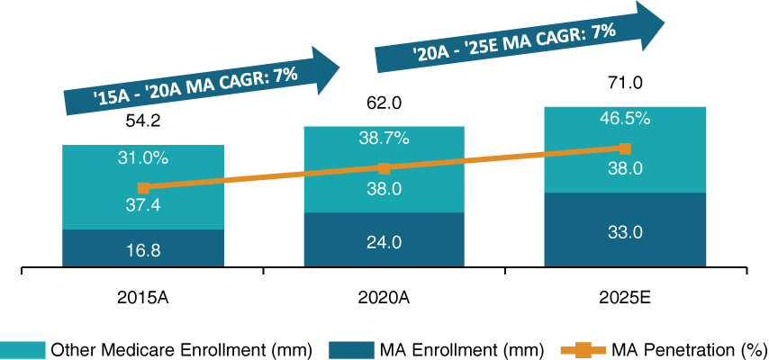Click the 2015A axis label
(142, 297)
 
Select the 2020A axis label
(384, 297)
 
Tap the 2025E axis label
(625, 297)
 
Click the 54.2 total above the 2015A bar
(142, 121)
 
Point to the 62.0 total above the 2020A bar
(384, 103)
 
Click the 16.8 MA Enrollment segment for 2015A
(142, 250)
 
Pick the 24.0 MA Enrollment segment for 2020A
(384, 241)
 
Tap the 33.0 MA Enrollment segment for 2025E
(625, 231)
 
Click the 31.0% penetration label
(142, 157)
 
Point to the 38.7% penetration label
(384, 139)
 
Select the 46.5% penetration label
(625, 119)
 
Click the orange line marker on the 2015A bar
(142, 188)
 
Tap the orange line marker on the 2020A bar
(384, 168)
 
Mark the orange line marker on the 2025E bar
(625, 148)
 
